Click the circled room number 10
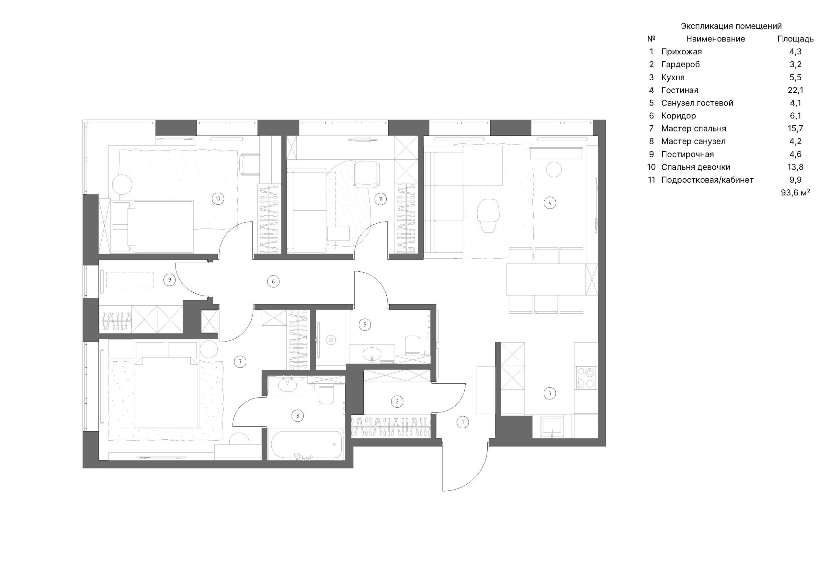click(218, 198)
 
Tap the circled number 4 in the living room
click(550, 203)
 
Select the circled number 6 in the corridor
click(273, 281)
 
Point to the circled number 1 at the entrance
click(462, 422)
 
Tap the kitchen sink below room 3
click(551, 427)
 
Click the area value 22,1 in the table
click(795, 90)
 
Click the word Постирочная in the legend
click(687, 154)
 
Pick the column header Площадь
click(795, 39)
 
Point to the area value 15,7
click(795, 128)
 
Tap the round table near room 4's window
click(553, 169)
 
